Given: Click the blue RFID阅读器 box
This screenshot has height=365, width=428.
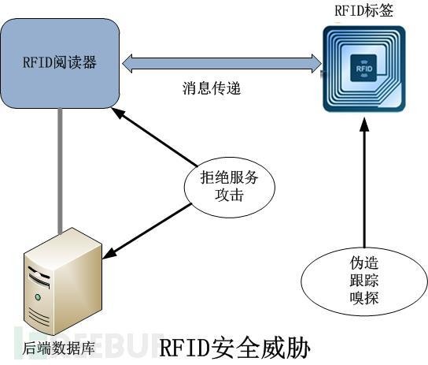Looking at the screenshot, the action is pyautogui.click(x=60, y=63).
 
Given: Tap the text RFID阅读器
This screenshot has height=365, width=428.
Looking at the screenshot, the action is pyautogui.click(x=60, y=62).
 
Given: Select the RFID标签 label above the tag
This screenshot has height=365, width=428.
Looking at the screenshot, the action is pyautogui.click(x=363, y=10).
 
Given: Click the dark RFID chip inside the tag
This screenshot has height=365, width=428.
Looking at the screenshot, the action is pyautogui.click(x=363, y=68).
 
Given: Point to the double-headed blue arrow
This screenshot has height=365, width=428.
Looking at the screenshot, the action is pyautogui.click(x=222, y=63).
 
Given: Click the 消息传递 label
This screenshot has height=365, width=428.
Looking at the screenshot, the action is pyautogui.click(x=212, y=88).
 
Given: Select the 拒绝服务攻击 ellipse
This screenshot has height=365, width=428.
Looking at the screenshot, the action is pyautogui.click(x=230, y=188).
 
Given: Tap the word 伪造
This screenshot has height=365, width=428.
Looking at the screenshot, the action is pyautogui.click(x=363, y=263).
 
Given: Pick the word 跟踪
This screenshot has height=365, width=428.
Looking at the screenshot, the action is pyautogui.click(x=363, y=280).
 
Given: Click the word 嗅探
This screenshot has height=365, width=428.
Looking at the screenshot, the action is pyautogui.click(x=363, y=297).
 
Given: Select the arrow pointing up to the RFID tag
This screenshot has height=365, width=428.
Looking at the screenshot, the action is pyautogui.click(x=363, y=183).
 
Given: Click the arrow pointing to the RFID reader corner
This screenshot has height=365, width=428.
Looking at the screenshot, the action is pyautogui.click(x=154, y=136).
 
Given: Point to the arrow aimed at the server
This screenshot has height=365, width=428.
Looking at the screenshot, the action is pyautogui.click(x=146, y=231).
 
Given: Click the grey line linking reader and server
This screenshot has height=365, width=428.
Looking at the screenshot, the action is pyautogui.click(x=60, y=171).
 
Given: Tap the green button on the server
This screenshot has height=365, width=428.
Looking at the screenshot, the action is pyautogui.click(x=38, y=297).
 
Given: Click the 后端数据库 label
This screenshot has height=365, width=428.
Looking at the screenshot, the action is pyautogui.click(x=58, y=348).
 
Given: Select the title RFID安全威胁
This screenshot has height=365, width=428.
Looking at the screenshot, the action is pyautogui.click(x=234, y=348).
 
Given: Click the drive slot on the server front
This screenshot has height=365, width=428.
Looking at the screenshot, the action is pyautogui.click(x=39, y=279).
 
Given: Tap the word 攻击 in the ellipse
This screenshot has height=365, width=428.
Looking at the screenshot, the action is pyautogui.click(x=229, y=195).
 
